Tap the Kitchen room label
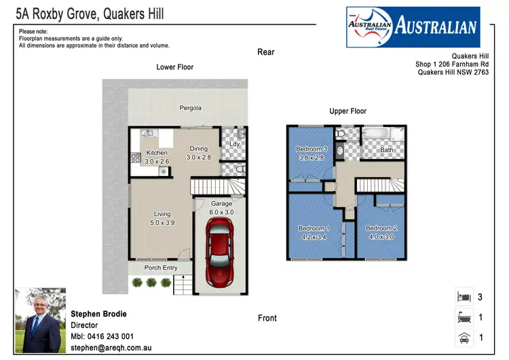[157, 153]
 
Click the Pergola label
[190, 108]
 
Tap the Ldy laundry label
[234, 144]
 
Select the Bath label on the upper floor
[386, 150]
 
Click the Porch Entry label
[161, 268]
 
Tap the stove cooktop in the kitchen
[135, 158]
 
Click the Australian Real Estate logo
[413, 28]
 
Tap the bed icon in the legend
[464, 296]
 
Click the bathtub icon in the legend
[464, 317]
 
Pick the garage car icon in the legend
[464, 337]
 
